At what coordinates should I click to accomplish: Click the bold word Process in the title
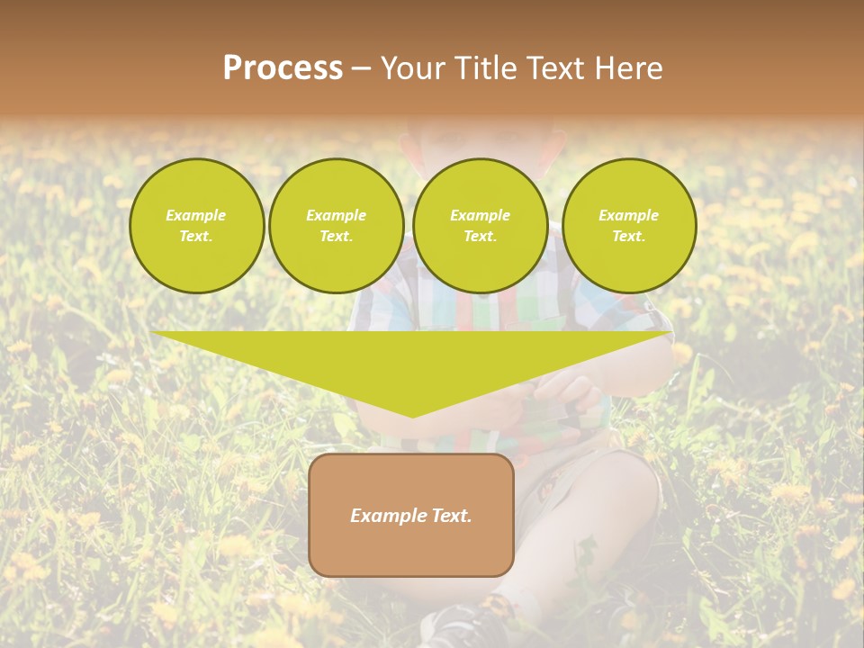(283, 68)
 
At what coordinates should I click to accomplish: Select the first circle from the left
(196, 226)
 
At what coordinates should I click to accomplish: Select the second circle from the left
(336, 226)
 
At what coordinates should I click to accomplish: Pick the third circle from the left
(480, 226)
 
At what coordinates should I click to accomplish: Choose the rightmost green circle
(628, 226)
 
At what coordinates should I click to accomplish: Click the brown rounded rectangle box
(411, 515)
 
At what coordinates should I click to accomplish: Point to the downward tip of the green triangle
(412, 415)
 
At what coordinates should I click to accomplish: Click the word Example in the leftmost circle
(196, 215)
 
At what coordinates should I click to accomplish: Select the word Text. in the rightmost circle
(628, 236)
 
